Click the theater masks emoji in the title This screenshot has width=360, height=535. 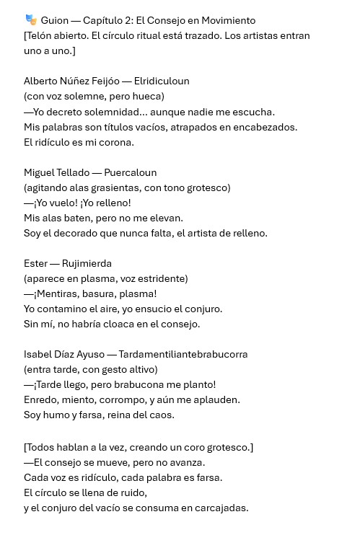(x=30, y=19)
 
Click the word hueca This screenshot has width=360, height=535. (x=146, y=96)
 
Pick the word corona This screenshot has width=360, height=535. (x=118, y=142)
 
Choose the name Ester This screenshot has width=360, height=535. (x=36, y=265)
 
